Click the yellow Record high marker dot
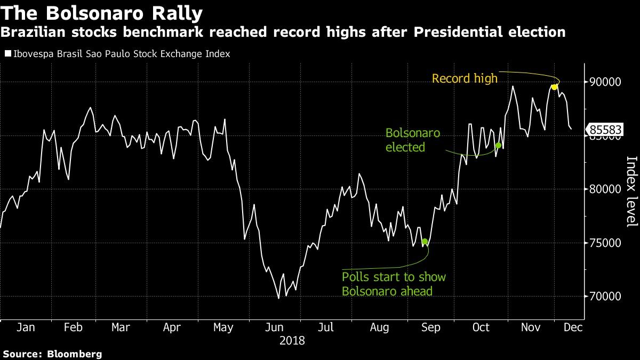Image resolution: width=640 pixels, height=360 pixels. pyautogui.click(x=554, y=87)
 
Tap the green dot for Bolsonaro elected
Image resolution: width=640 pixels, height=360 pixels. pyautogui.click(x=498, y=145)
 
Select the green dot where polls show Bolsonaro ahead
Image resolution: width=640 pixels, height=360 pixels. pyautogui.click(x=425, y=242)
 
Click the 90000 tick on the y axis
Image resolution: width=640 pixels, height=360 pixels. pyautogui.click(x=605, y=82)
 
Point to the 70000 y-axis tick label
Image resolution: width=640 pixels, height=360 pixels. pyautogui.click(x=605, y=297)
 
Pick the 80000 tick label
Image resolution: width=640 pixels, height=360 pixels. pyautogui.click(x=605, y=189)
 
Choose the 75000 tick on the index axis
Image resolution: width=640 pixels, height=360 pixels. pyautogui.click(x=605, y=243)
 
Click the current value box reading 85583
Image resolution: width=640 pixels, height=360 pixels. pyautogui.click(x=605, y=130)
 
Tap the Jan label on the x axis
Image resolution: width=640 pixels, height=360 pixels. pyautogui.click(x=26, y=327)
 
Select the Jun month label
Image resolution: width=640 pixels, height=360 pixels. pyautogui.click(x=275, y=327)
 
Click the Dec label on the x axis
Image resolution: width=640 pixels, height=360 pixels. pyautogui.click(x=573, y=327)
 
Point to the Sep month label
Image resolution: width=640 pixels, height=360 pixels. pyautogui.click(x=430, y=327)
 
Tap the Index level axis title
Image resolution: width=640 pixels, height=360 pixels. pyautogui.click(x=631, y=191)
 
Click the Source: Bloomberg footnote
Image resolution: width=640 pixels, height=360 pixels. pyautogui.click(x=52, y=354)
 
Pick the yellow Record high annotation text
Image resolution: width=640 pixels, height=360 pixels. pyautogui.click(x=464, y=79)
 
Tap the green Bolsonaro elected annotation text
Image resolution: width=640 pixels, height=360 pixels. pyautogui.click(x=412, y=140)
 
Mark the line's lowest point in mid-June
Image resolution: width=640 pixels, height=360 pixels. pyautogui.click(x=278, y=298)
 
